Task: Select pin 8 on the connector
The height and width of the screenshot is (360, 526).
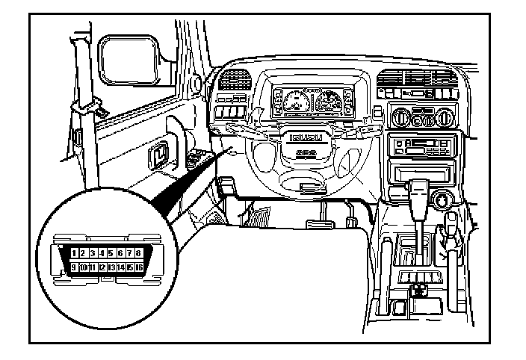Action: click(138, 255)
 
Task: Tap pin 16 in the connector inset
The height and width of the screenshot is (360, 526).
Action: click(139, 267)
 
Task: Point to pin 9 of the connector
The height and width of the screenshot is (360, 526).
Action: click(75, 267)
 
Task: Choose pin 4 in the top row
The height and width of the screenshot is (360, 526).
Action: click(102, 255)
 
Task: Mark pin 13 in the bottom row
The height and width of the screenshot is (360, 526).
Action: click(111, 267)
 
